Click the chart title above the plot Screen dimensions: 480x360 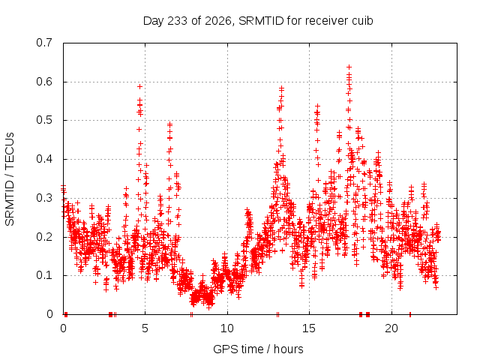(258, 21)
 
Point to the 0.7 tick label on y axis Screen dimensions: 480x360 (44, 43)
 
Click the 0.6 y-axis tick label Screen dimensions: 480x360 (44, 82)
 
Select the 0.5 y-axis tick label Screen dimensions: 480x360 (44, 120)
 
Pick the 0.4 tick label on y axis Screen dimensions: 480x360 (44, 159)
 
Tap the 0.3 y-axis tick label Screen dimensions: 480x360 (44, 198)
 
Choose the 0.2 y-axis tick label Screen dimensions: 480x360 (44, 237)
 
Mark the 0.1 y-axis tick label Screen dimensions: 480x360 (44, 275)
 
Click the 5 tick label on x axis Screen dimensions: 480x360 (145, 328)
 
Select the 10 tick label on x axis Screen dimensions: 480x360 (227, 328)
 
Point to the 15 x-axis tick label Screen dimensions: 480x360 (309, 328)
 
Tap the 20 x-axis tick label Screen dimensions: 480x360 (391, 328)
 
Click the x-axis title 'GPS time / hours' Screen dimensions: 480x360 (258, 349)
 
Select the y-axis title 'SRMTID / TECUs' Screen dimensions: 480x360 (10, 179)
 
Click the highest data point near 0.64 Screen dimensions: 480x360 (349, 67)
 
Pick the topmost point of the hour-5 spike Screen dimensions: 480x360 (140, 87)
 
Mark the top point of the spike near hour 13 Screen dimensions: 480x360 (282, 88)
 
